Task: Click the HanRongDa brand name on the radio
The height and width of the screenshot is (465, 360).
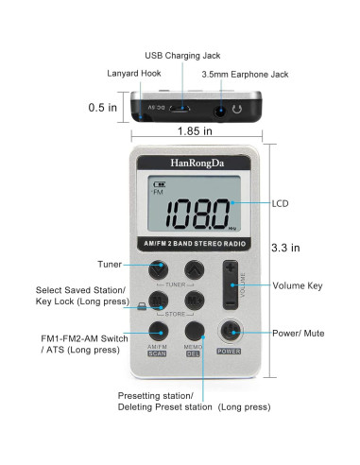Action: tap(184, 163)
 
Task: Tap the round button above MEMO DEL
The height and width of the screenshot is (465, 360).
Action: tap(195, 331)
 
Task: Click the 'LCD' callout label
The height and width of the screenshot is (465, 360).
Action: tap(282, 203)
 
